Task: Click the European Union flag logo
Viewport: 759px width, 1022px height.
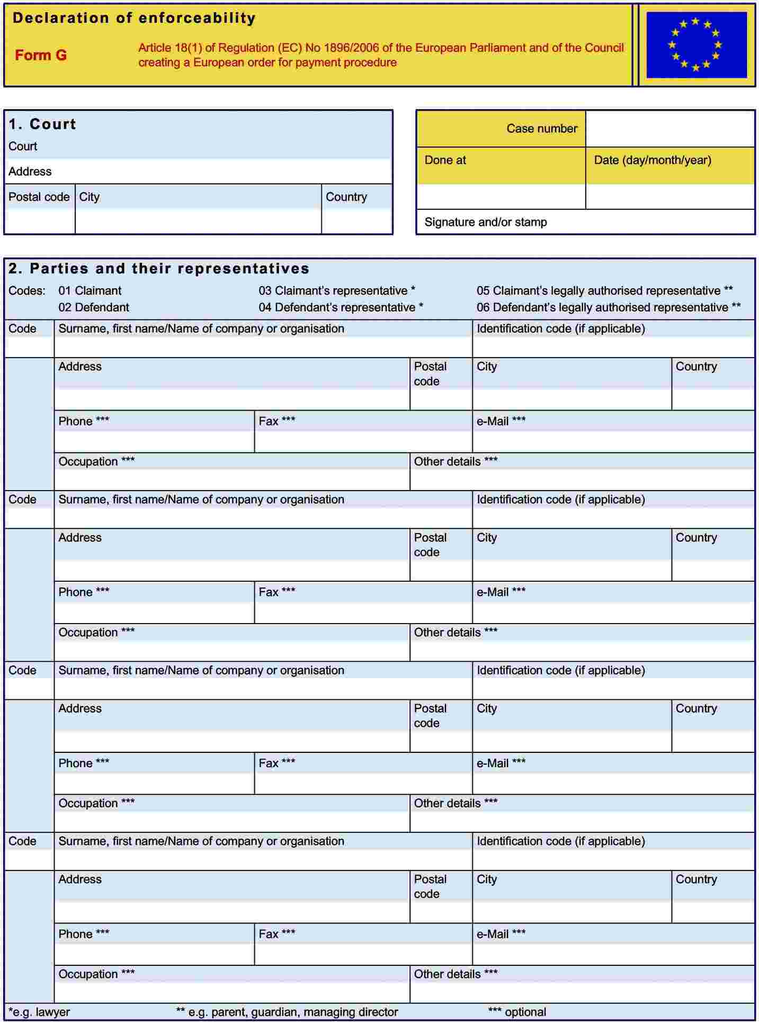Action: tap(696, 45)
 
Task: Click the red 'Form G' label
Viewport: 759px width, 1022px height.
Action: tap(41, 55)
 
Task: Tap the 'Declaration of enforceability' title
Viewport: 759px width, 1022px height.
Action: tap(134, 18)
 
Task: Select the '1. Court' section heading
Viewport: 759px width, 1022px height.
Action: tap(42, 124)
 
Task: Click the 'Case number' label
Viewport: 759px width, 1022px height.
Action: tap(541, 129)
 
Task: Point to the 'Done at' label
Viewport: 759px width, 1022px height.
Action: tap(445, 160)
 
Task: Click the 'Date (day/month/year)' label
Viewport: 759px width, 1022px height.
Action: tap(652, 160)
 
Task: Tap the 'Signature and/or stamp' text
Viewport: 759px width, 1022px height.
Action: tap(485, 222)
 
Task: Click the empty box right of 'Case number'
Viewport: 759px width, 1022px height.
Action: tap(670, 129)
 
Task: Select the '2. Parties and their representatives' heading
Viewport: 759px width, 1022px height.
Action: tap(159, 269)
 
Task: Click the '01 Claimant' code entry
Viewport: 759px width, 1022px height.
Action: tap(90, 291)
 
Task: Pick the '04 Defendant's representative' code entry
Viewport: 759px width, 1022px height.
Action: tap(341, 307)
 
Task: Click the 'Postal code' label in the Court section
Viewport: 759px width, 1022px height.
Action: tap(39, 197)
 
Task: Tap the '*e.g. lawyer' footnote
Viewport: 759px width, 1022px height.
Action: tap(39, 1012)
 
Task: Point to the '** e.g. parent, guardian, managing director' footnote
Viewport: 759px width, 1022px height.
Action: tap(287, 1012)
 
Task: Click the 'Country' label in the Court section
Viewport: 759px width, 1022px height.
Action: tap(346, 197)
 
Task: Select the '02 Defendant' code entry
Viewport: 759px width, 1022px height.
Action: tap(93, 307)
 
